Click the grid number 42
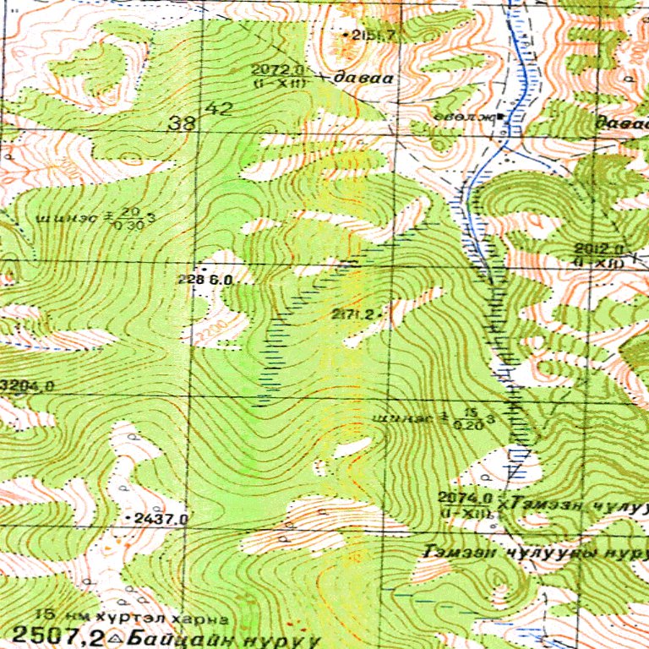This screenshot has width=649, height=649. point(219,108)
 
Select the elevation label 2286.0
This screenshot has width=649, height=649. point(205,278)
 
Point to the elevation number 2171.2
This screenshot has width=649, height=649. point(353,314)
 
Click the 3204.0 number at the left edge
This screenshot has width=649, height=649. point(27,386)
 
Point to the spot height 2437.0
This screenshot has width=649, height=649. point(161,517)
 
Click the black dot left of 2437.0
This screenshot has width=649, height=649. point(128,516)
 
